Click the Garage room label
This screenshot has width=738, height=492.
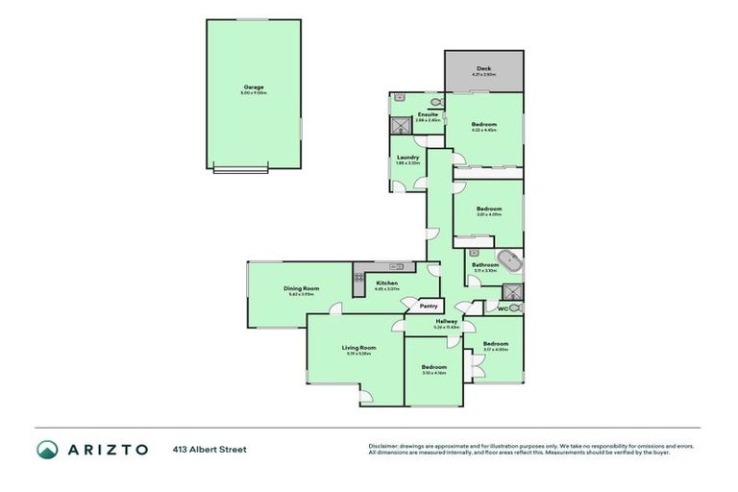click(x=254, y=86)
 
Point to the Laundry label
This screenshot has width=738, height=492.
click(x=407, y=157)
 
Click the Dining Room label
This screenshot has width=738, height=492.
click(x=301, y=288)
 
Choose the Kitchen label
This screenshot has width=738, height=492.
click(x=386, y=283)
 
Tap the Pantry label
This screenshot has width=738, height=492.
click(x=428, y=306)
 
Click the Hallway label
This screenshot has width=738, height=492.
click(x=446, y=321)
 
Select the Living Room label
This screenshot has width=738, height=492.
click(x=358, y=348)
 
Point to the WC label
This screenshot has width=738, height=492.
click(x=502, y=308)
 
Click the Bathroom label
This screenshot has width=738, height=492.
click(x=484, y=264)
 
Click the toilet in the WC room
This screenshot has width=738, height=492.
click(x=516, y=307)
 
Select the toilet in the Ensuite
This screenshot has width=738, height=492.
click(x=435, y=100)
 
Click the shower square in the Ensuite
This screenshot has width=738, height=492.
click(x=399, y=124)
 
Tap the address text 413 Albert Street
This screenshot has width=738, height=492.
click(x=209, y=449)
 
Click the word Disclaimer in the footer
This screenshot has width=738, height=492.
click(x=384, y=446)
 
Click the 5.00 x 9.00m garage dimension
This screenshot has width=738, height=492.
click(x=254, y=92)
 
